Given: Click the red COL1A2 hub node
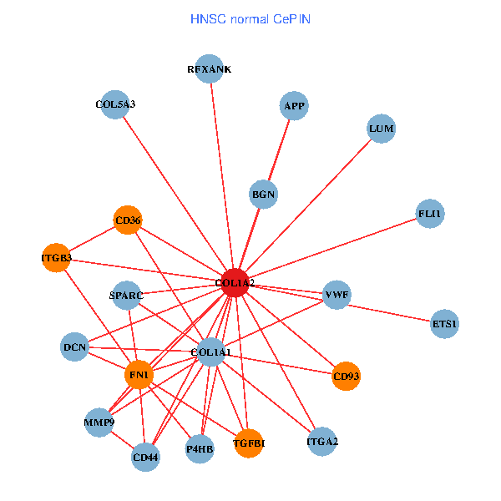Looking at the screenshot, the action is (235, 283).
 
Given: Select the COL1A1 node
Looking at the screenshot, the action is (210, 352).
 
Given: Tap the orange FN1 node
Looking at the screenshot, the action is (139, 376).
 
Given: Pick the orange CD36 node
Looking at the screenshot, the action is (128, 220).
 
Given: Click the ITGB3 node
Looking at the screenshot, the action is (56, 258).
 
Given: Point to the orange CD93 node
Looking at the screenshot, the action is (346, 376).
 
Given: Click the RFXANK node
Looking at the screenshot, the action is (210, 69).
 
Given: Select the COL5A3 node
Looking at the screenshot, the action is (114, 104).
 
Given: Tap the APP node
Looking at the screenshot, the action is (294, 106).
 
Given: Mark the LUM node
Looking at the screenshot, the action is (381, 129).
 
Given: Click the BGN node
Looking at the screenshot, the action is (263, 195).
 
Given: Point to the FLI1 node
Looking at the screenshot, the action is (430, 214).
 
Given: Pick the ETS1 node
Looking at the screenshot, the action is (445, 323).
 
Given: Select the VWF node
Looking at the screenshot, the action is (337, 295).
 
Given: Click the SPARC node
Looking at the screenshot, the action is (127, 296).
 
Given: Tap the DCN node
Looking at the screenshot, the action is (75, 347).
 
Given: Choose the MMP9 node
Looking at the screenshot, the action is (99, 423).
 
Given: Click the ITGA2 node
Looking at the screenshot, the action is (322, 440).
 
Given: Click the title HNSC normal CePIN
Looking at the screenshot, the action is (250, 18).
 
